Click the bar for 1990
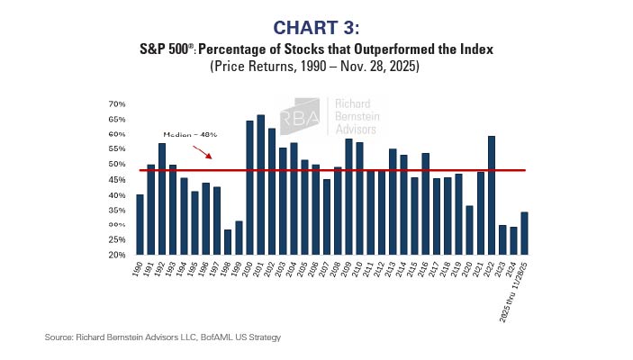[140, 225]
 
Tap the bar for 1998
[228, 242]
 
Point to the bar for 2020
[470, 230]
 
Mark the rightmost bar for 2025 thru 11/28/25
[525, 233]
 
